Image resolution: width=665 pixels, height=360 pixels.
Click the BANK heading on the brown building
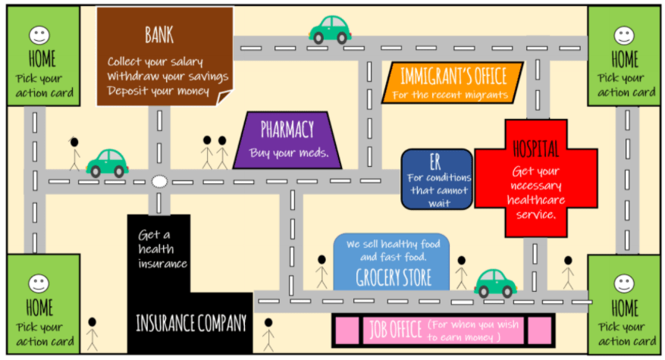(x=159, y=34)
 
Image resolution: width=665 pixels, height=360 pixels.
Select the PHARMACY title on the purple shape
(x=287, y=129)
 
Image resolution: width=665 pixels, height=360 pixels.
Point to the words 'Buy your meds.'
(x=289, y=152)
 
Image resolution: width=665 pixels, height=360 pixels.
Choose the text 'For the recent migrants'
(x=450, y=95)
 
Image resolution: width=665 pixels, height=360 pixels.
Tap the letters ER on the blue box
(x=435, y=161)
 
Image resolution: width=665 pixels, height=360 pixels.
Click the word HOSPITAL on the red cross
(x=535, y=148)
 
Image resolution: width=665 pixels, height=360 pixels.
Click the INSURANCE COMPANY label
(x=191, y=324)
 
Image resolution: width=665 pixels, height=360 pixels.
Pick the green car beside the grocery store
(x=496, y=283)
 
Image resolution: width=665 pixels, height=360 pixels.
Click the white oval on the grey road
(x=158, y=181)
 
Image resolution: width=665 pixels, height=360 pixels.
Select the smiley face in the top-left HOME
(x=39, y=35)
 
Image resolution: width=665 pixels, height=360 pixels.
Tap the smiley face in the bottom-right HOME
(x=624, y=283)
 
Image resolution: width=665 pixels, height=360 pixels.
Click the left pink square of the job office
(x=347, y=330)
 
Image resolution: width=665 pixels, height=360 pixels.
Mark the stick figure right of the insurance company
(x=268, y=333)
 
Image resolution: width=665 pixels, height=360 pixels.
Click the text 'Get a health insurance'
(x=162, y=249)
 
